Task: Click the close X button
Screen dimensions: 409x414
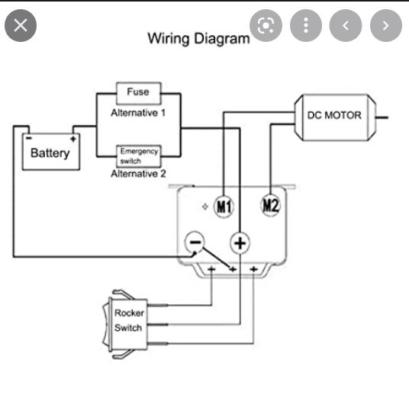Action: (x=21, y=26)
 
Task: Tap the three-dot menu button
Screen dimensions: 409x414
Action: (x=306, y=26)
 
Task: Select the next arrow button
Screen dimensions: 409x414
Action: (x=386, y=26)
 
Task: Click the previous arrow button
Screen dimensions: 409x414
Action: (x=346, y=26)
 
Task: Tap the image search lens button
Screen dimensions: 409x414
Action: (x=266, y=26)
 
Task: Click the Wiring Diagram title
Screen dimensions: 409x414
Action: (x=198, y=39)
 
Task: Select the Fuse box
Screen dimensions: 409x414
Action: (x=139, y=93)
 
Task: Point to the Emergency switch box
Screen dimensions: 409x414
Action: (x=139, y=156)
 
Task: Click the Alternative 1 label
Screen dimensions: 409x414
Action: (x=138, y=113)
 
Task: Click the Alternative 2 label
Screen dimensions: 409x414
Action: (x=138, y=174)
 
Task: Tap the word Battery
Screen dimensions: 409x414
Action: (x=50, y=153)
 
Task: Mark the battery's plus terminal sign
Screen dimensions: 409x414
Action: (x=73, y=139)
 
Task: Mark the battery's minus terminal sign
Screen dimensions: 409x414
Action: (x=29, y=138)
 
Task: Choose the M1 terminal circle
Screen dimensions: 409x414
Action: (x=224, y=207)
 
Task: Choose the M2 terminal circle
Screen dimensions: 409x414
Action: (x=271, y=205)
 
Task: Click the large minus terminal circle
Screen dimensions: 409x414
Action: (x=195, y=242)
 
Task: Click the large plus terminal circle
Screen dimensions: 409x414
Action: (x=240, y=243)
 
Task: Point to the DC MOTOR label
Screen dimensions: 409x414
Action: (x=334, y=115)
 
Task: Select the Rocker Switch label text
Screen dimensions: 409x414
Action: (x=129, y=320)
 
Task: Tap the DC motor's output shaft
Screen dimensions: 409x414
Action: (x=382, y=117)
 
